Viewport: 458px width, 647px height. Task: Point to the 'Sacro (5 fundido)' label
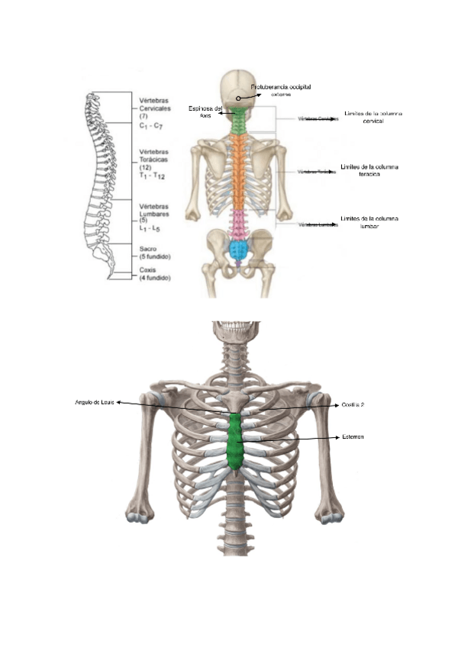click(154, 252)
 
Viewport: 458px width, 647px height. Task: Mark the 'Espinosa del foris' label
click(205, 112)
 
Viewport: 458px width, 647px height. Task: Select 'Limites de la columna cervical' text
click(373, 117)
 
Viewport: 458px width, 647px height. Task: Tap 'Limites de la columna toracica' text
click(373, 169)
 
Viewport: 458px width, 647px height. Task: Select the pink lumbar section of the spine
click(240, 223)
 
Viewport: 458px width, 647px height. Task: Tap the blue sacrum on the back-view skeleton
click(240, 249)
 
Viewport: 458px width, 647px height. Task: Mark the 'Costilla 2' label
click(353, 406)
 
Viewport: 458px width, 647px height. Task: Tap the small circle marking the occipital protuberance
click(239, 98)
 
